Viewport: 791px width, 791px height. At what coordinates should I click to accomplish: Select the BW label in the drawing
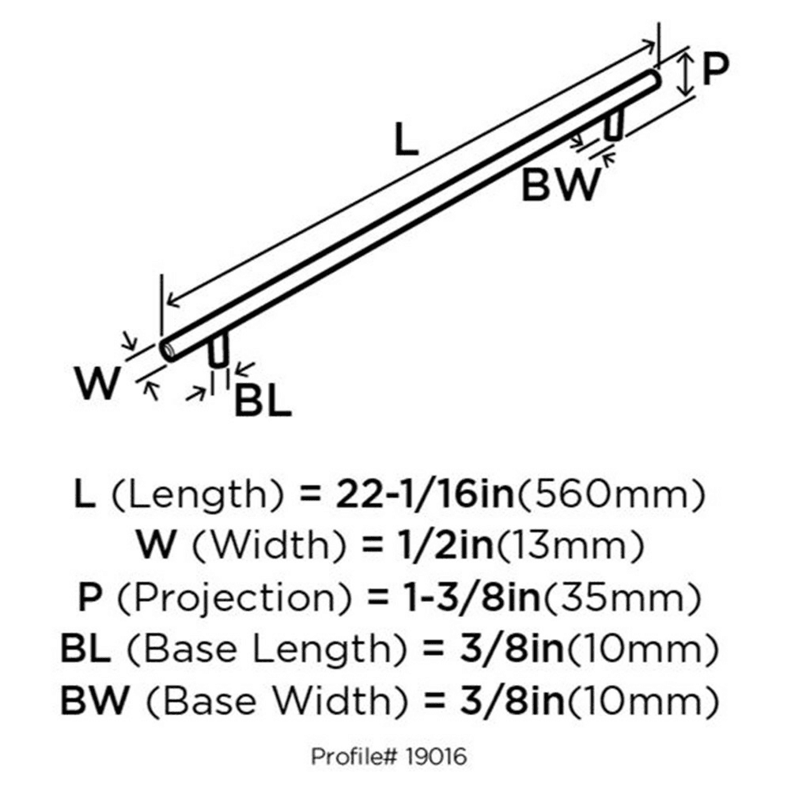[x=562, y=184]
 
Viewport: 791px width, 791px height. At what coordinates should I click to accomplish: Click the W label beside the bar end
[x=98, y=383]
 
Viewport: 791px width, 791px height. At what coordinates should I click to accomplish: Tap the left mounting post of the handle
[x=218, y=349]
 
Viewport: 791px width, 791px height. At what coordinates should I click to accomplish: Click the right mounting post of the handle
[x=615, y=124]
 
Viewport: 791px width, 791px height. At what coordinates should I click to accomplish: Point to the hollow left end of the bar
[x=167, y=349]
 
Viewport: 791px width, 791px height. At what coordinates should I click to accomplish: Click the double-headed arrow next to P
[x=684, y=76]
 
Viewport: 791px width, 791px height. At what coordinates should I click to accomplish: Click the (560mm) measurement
[x=609, y=494]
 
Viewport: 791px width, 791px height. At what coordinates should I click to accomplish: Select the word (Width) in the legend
[x=270, y=546]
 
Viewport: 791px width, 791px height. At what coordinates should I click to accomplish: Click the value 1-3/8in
[x=473, y=598]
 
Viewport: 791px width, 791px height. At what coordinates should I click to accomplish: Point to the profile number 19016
[x=436, y=757]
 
